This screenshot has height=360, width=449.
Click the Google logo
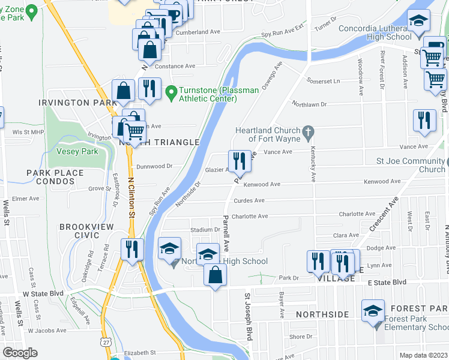tap(20, 353)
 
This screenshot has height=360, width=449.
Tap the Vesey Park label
tap(77, 152)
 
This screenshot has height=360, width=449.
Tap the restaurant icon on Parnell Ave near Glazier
tap(239, 160)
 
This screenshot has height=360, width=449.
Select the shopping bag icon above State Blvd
tap(215, 275)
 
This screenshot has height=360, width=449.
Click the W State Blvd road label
tap(43, 293)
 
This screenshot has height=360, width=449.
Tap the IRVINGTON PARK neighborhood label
tap(77, 103)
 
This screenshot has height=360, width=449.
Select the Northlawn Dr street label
tap(309, 104)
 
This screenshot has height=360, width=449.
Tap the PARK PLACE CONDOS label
tap(55, 178)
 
